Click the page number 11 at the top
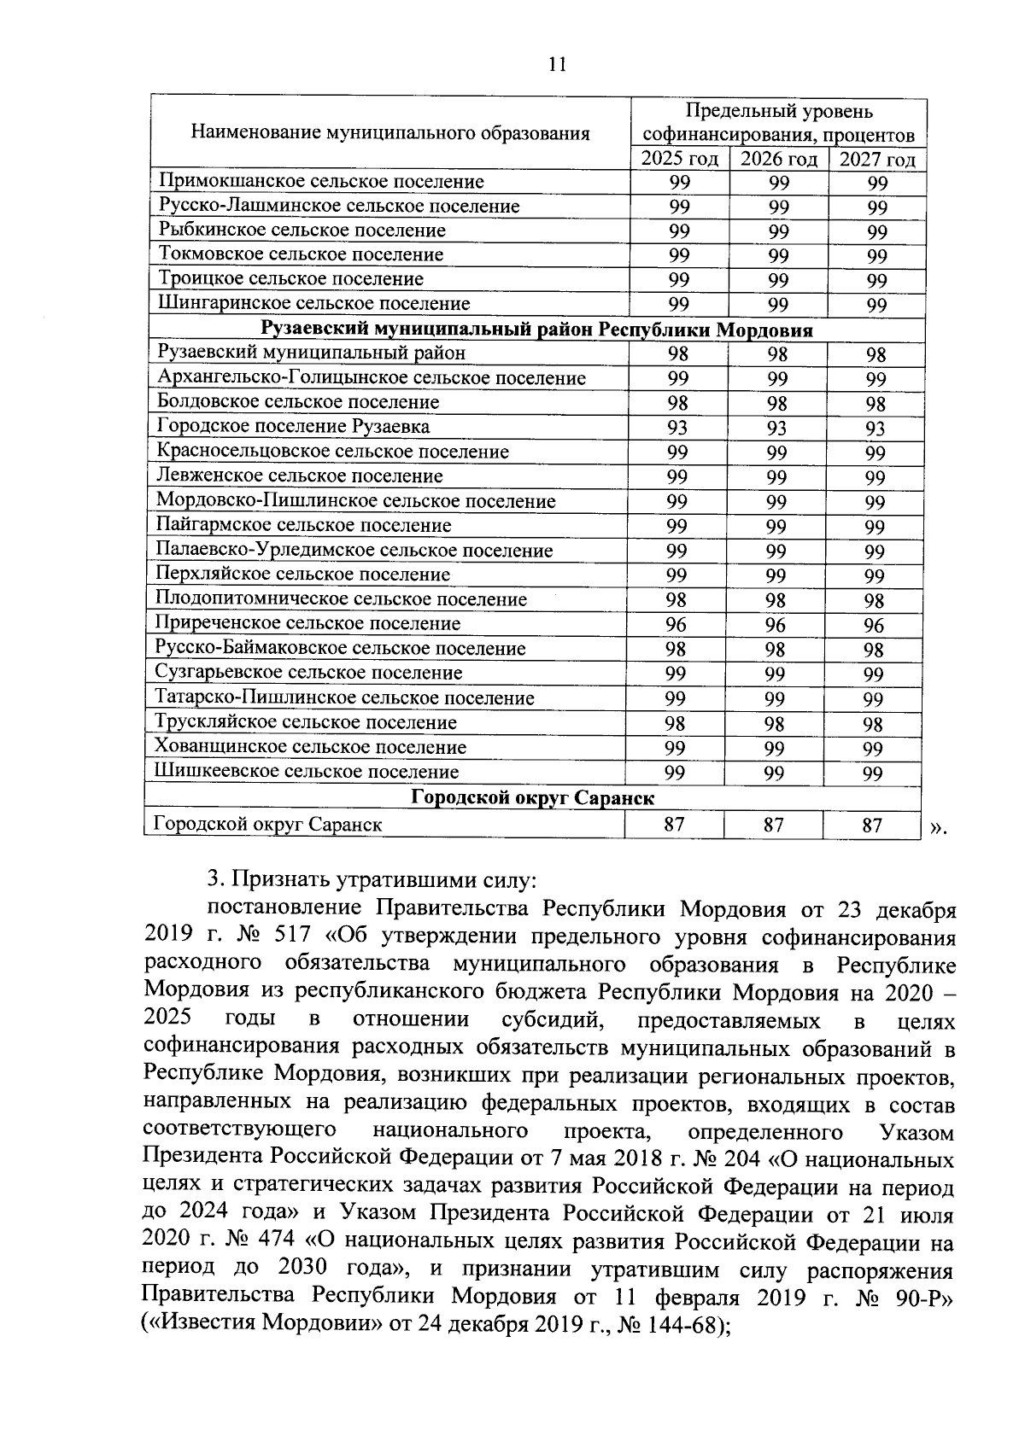click(557, 66)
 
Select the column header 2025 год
click(680, 160)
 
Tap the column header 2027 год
click(877, 160)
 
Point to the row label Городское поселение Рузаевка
click(293, 426)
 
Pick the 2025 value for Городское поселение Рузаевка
click(677, 427)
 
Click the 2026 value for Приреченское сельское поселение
click(776, 625)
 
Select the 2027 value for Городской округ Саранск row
click(872, 826)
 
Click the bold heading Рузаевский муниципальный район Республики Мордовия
click(536, 329)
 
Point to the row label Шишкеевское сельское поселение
click(307, 772)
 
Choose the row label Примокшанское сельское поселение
click(321, 181)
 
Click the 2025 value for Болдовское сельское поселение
click(677, 402)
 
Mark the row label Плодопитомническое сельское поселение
click(341, 599)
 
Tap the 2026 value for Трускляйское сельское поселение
click(776, 724)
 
